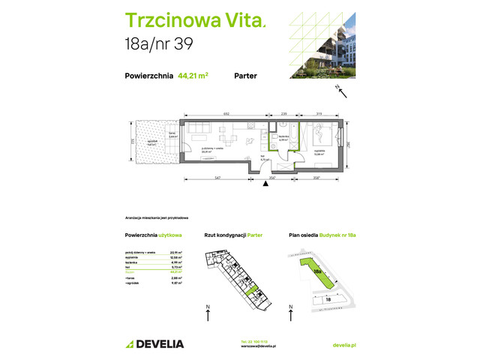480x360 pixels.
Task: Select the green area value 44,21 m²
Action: pos(193,75)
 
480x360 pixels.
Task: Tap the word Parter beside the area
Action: pos(247,75)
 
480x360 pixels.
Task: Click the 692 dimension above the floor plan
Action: pos(225,113)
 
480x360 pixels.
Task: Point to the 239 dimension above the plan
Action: pos(283,113)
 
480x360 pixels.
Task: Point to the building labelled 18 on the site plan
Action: pos(329,298)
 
